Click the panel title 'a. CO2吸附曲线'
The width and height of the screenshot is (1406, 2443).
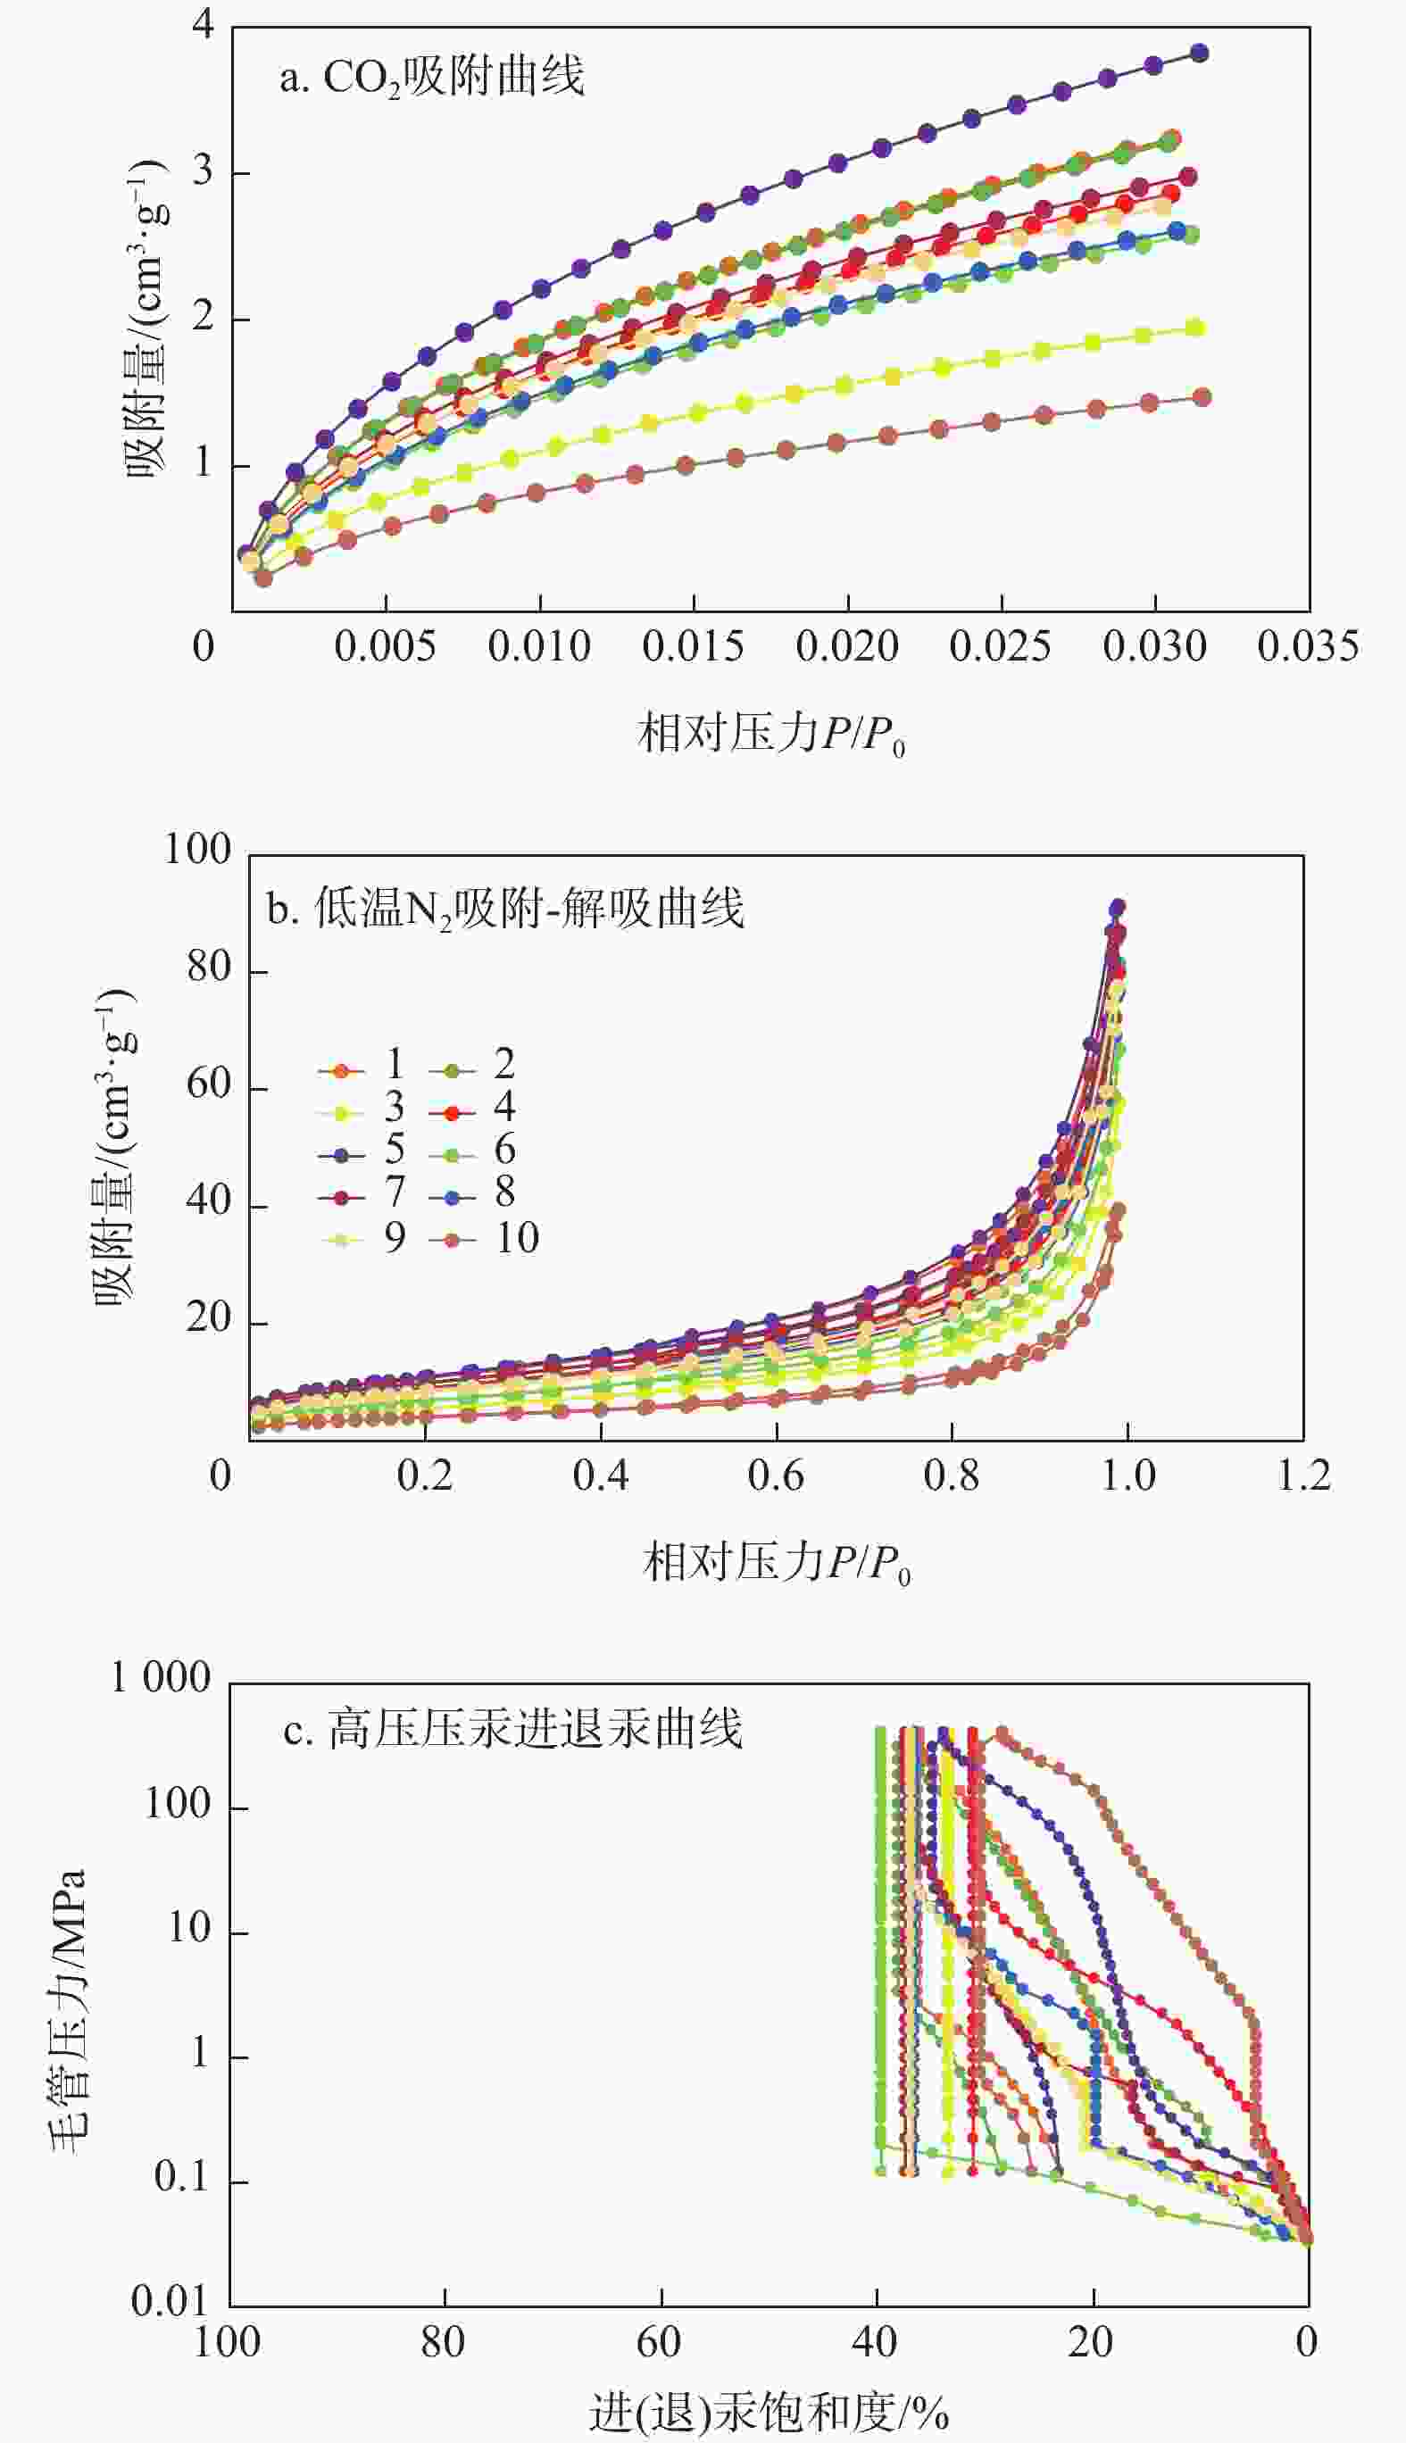point(432,76)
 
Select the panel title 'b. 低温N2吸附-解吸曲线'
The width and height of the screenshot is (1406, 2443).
point(505,909)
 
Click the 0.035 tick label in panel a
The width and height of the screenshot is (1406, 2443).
point(1308,645)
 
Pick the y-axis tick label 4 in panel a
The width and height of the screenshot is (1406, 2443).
point(203,23)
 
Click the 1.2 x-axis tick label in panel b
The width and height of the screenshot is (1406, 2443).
point(1303,1475)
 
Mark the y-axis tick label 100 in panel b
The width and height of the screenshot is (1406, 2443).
point(197,850)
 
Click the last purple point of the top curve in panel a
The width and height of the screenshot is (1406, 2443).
point(1198,53)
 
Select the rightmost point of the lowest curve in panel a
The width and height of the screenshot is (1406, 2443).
point(1202,396)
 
